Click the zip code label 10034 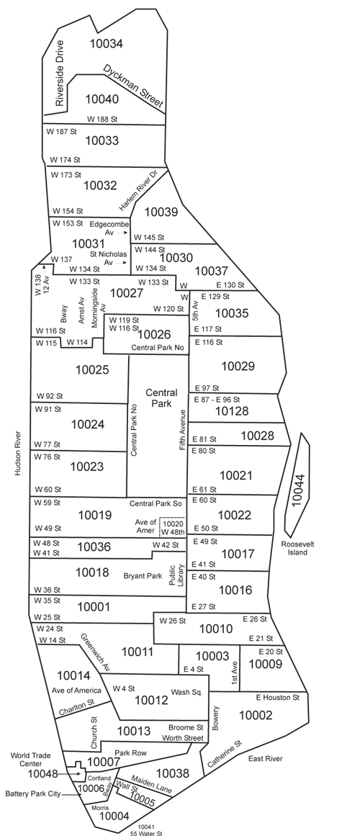pyautogui.click(x=106, y=43)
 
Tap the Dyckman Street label pyautogui.click(x=132, y=87)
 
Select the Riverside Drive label pyautogui.click(x=59, y=73)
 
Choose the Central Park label pyautogui.click(x=161, y=397)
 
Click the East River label pyautogui.click(x=265, y=759)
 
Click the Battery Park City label pyautogui.click(x=32, y=794)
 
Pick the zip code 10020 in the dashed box pyautogui.click(x=173, y=524)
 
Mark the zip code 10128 pyautogui.click(x=231, y=410)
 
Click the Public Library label pyautogui.click(x=177, y=575)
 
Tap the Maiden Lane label pyautogui.click(x=151, y=785)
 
